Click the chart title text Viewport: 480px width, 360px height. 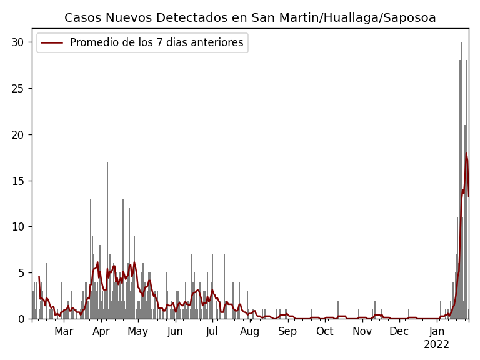(250, 18)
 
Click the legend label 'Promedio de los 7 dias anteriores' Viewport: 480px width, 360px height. (156, 43)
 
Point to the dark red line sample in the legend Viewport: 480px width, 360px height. (52, 43)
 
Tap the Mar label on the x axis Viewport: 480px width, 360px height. (64, 332)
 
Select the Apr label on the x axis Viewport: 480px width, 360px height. (101, 332)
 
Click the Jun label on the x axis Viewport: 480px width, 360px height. (175, 332)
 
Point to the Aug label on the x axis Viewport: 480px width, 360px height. (250, 332)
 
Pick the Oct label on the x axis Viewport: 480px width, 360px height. (325, 332)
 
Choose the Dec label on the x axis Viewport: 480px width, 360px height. (399, 332)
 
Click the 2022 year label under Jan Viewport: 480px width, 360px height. (436, 345)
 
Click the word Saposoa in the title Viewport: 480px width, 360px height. (411, 18)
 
